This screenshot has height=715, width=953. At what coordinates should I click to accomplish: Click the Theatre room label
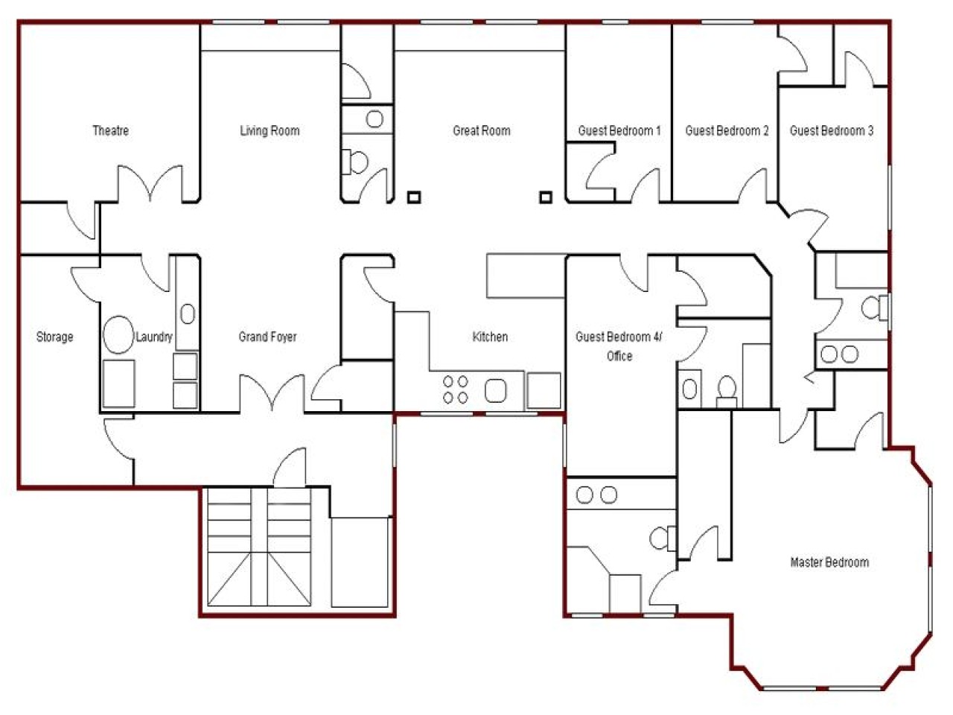(110, 131)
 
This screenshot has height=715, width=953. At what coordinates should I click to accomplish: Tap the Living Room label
(270, 131)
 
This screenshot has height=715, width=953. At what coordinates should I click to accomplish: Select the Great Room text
(482, 131)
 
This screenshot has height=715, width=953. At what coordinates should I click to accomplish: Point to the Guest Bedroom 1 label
(619, 131)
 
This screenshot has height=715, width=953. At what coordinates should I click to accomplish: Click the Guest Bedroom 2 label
(727, 131)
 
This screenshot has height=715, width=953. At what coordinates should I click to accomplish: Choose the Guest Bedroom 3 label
(832, 131)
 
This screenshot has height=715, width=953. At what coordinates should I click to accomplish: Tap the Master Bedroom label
(829, 562)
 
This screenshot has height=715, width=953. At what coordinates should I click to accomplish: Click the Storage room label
(55, 337)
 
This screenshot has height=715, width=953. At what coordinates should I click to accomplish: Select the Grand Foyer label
(267, 337)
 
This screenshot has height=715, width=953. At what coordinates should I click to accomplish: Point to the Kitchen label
(490, 337)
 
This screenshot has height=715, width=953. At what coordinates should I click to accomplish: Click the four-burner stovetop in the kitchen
(456, 390)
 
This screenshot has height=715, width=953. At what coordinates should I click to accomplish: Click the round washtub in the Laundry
(117, 335)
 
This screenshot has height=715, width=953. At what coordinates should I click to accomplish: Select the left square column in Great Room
(414, 197)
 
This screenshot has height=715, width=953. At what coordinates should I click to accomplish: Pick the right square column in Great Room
(546, 197)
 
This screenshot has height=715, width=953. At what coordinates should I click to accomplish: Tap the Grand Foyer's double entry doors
(272, 393)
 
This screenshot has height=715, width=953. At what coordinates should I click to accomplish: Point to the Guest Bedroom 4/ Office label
(619, 346)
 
